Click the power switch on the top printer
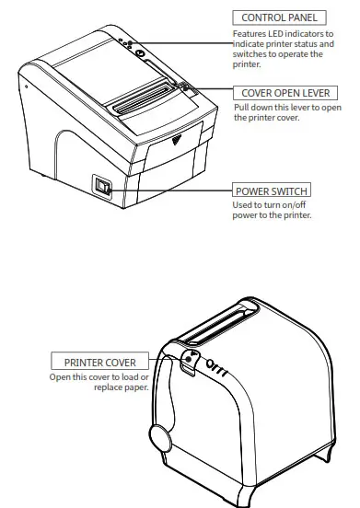[103, 188]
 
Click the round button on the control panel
[138, 53]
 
